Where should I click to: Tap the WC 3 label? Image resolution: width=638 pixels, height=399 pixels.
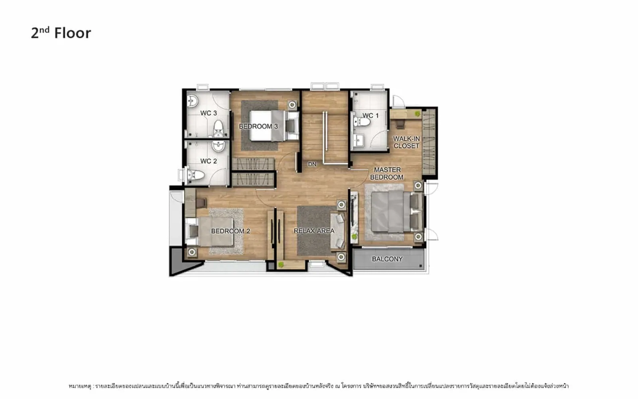(x=209, y=113)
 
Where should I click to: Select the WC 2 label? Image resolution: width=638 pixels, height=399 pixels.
(x=209, y=161)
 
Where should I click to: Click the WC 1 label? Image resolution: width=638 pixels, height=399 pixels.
(x=370, y=115)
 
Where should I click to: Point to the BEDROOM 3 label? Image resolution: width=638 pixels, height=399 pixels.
(x=258, y=126)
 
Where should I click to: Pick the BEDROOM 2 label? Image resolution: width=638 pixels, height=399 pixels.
(x=230, y=231)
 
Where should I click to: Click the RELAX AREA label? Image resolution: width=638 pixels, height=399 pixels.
(x=314, y=231)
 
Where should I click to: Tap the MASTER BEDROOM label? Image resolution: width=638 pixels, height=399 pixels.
(x=387, y=173)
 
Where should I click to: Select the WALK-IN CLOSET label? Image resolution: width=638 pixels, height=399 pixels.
(x=406, y=142)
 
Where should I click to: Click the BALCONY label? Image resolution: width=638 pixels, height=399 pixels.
(x=387, y=259)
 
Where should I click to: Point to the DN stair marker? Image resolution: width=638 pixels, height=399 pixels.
(x=312, y=164)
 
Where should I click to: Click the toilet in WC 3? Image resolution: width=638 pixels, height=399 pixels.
(x=219, y=128)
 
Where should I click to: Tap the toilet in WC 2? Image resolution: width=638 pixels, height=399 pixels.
(x=195, y=175)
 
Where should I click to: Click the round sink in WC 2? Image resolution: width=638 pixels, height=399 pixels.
(x=219, y=146)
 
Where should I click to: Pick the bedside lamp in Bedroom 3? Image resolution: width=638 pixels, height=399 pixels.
(x=292, y=105)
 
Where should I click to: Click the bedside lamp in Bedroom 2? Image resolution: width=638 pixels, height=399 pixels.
(x=192, y=252)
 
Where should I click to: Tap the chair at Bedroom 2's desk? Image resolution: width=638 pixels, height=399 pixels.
(x=201, y=203)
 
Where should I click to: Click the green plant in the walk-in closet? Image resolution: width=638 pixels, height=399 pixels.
(x=417, y=114)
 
